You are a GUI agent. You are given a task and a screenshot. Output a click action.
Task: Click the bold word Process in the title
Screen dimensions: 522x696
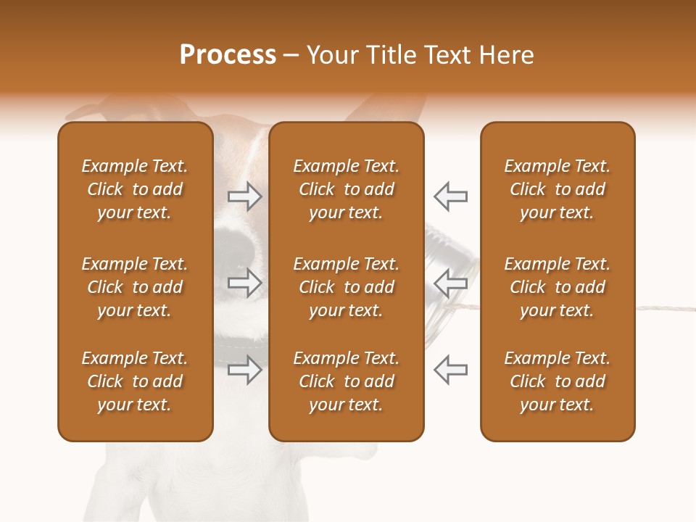click(228, 55)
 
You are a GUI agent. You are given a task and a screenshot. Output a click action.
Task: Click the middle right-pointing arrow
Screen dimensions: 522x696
click(244, 283)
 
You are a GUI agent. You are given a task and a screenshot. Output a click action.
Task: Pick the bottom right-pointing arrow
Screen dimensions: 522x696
click(244, 370)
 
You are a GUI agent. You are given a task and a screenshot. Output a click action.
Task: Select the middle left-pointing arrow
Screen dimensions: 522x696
click(450, 283)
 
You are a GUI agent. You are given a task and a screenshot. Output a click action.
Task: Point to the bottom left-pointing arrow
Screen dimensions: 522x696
click(450, 370)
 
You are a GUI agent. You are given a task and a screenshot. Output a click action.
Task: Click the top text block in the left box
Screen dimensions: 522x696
click(135, 189)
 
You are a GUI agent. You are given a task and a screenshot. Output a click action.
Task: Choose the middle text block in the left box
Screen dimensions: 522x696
click(135, 287)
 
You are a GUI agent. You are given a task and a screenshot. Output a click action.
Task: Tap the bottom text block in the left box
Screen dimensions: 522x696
click(135, 381)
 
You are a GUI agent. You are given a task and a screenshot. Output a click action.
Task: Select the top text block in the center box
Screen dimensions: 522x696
click(346, 189)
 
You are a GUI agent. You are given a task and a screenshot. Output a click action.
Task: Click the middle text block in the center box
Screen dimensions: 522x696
click(346, 287)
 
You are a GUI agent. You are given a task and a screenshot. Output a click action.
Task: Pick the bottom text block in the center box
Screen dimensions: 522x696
click(346, 381)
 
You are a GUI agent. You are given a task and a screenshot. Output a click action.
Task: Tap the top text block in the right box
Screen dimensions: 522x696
click(557, 189)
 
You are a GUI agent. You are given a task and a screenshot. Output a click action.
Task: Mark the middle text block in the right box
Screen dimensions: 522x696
click(557, 287)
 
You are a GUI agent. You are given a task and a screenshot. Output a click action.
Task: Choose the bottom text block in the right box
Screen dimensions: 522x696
click(557, 381)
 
